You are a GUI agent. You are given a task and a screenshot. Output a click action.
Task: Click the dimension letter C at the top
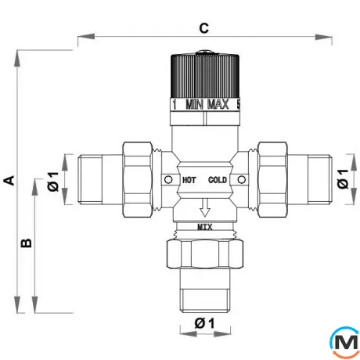pyautogui.click(x=204, y=28)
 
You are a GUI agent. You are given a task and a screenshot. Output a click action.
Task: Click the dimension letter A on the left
pyautogui.click(x=9, y=181)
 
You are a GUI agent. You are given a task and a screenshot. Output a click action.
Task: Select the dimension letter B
pyautogui.click(x=27, y=243)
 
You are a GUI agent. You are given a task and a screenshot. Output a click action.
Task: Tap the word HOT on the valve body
pyautogui.click(x=189, y=180)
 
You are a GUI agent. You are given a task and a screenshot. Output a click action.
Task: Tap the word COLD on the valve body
pyautogui.click(x=218, y=180)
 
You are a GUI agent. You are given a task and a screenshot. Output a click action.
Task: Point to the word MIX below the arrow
pyautogui.click(x=205, y=228)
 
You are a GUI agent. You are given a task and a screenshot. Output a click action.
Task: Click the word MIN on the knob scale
pyautogui.click(x=194, y=105)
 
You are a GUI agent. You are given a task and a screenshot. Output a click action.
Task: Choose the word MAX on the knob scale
pyautogui.click(x=218, y=104)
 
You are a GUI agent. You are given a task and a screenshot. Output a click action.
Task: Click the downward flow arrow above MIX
pyautogui.click(x=205, y=207)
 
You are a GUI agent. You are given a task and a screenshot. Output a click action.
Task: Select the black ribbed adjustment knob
pyautogui.click(x=205, y=76)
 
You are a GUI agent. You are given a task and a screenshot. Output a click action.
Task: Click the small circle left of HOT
pyautogui.click(x=168, y=180)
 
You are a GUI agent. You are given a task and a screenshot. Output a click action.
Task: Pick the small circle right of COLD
pyautogui.click(x=242, y=180)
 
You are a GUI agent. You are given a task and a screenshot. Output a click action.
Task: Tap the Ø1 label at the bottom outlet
pyautogui.click(x=204, y=323)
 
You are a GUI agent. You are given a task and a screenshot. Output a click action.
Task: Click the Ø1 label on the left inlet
pyautogui.click(x=53, y=182)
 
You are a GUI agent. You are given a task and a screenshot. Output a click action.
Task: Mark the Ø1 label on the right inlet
pyautogui.click(x=343, y=178)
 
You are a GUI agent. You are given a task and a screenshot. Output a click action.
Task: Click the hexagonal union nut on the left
pyautogui.click(x=138, y=180)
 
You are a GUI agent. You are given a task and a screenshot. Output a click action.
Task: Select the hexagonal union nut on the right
pyautogui.click(x=272, y=180)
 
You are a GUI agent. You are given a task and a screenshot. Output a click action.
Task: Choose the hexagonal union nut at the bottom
pyautogui.click(x=205, y=254)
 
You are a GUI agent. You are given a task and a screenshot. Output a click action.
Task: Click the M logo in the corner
pyautogui.click(x=345, y=342)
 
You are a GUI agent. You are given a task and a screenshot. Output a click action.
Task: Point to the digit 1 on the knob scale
pyautogui.click(x=175, y=105)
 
